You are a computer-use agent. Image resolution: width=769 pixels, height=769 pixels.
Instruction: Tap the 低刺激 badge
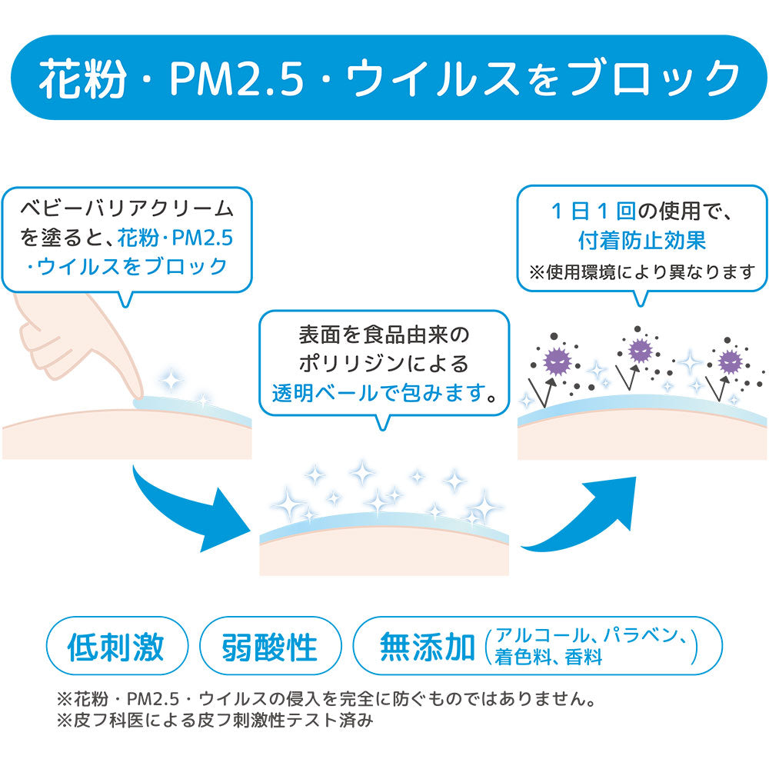coord(116,647)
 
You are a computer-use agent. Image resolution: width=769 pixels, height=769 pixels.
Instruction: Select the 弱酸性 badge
coord(269,647)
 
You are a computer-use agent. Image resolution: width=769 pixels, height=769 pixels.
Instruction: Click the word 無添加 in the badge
coord(428,647)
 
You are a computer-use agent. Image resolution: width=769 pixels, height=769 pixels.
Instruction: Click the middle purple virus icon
coord(640,350)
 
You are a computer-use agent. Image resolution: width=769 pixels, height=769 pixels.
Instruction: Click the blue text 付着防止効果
coord(642,241)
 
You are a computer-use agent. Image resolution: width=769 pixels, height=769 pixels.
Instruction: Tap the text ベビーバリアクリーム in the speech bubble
coord(127,208)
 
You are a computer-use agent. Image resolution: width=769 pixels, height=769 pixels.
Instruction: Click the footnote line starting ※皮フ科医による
coord(215,721)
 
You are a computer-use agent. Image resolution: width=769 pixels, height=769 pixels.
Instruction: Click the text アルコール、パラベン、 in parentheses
coord(592,636)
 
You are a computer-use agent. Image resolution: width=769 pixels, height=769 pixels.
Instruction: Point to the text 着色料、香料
coord(548,658)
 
